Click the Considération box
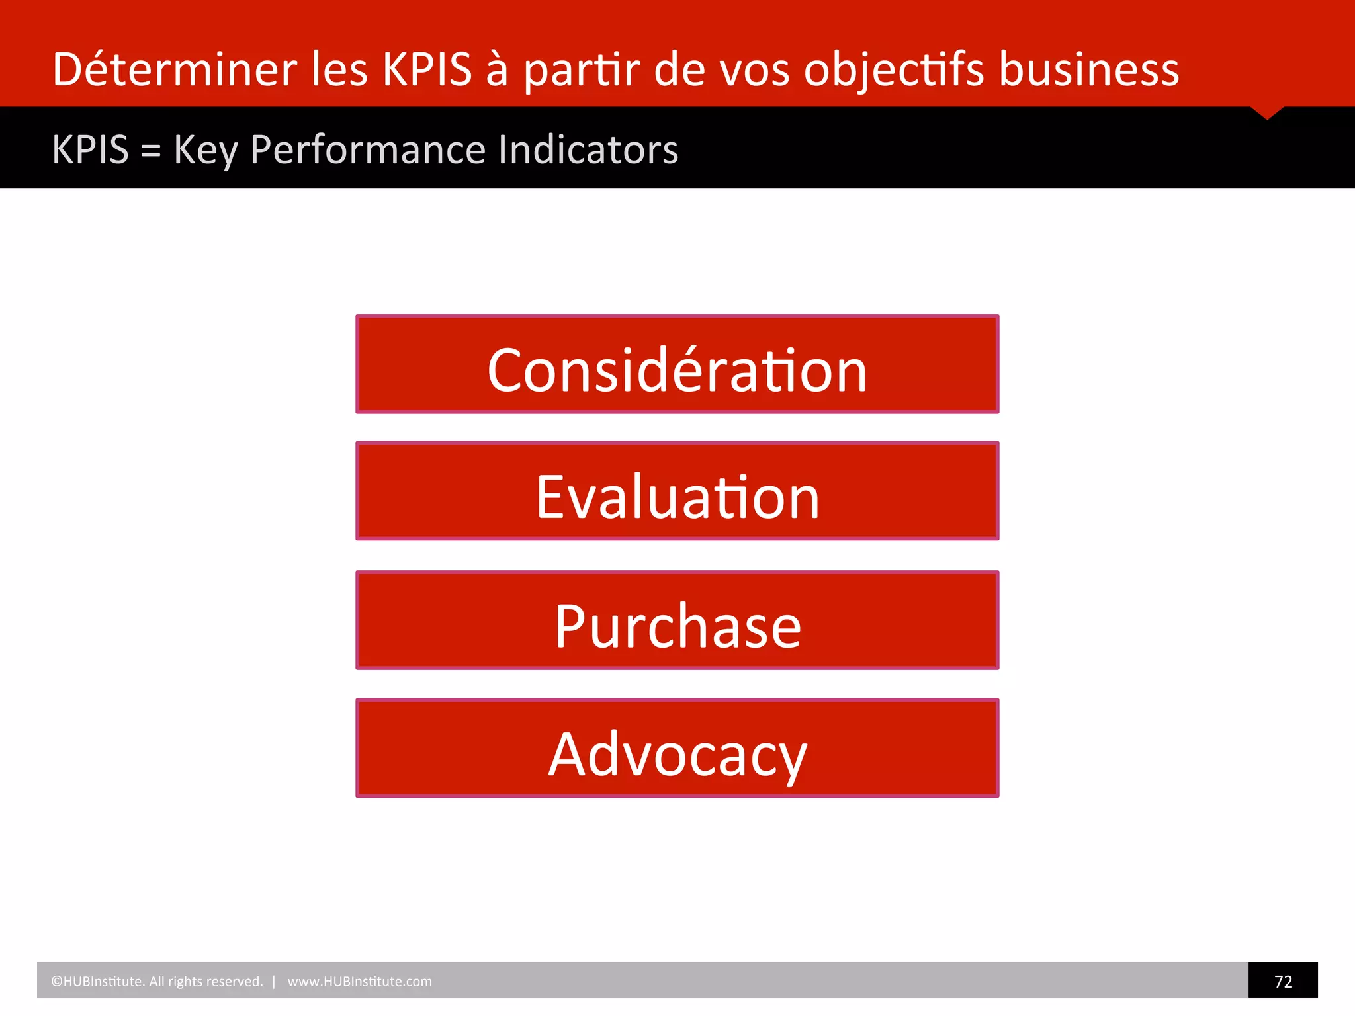(677, 364)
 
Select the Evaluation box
(677, 491)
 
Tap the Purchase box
(677, 620)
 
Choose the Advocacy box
(677, 748)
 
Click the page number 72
(1283, 981)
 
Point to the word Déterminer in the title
(175, 69)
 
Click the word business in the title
(1088, 69)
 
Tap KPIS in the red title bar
(427, 69)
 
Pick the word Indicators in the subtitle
(588, 150)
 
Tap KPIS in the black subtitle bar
(91, 150)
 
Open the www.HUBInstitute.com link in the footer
(359, 982)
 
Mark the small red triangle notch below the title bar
(1267, 112)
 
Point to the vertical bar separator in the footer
(274, 982)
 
